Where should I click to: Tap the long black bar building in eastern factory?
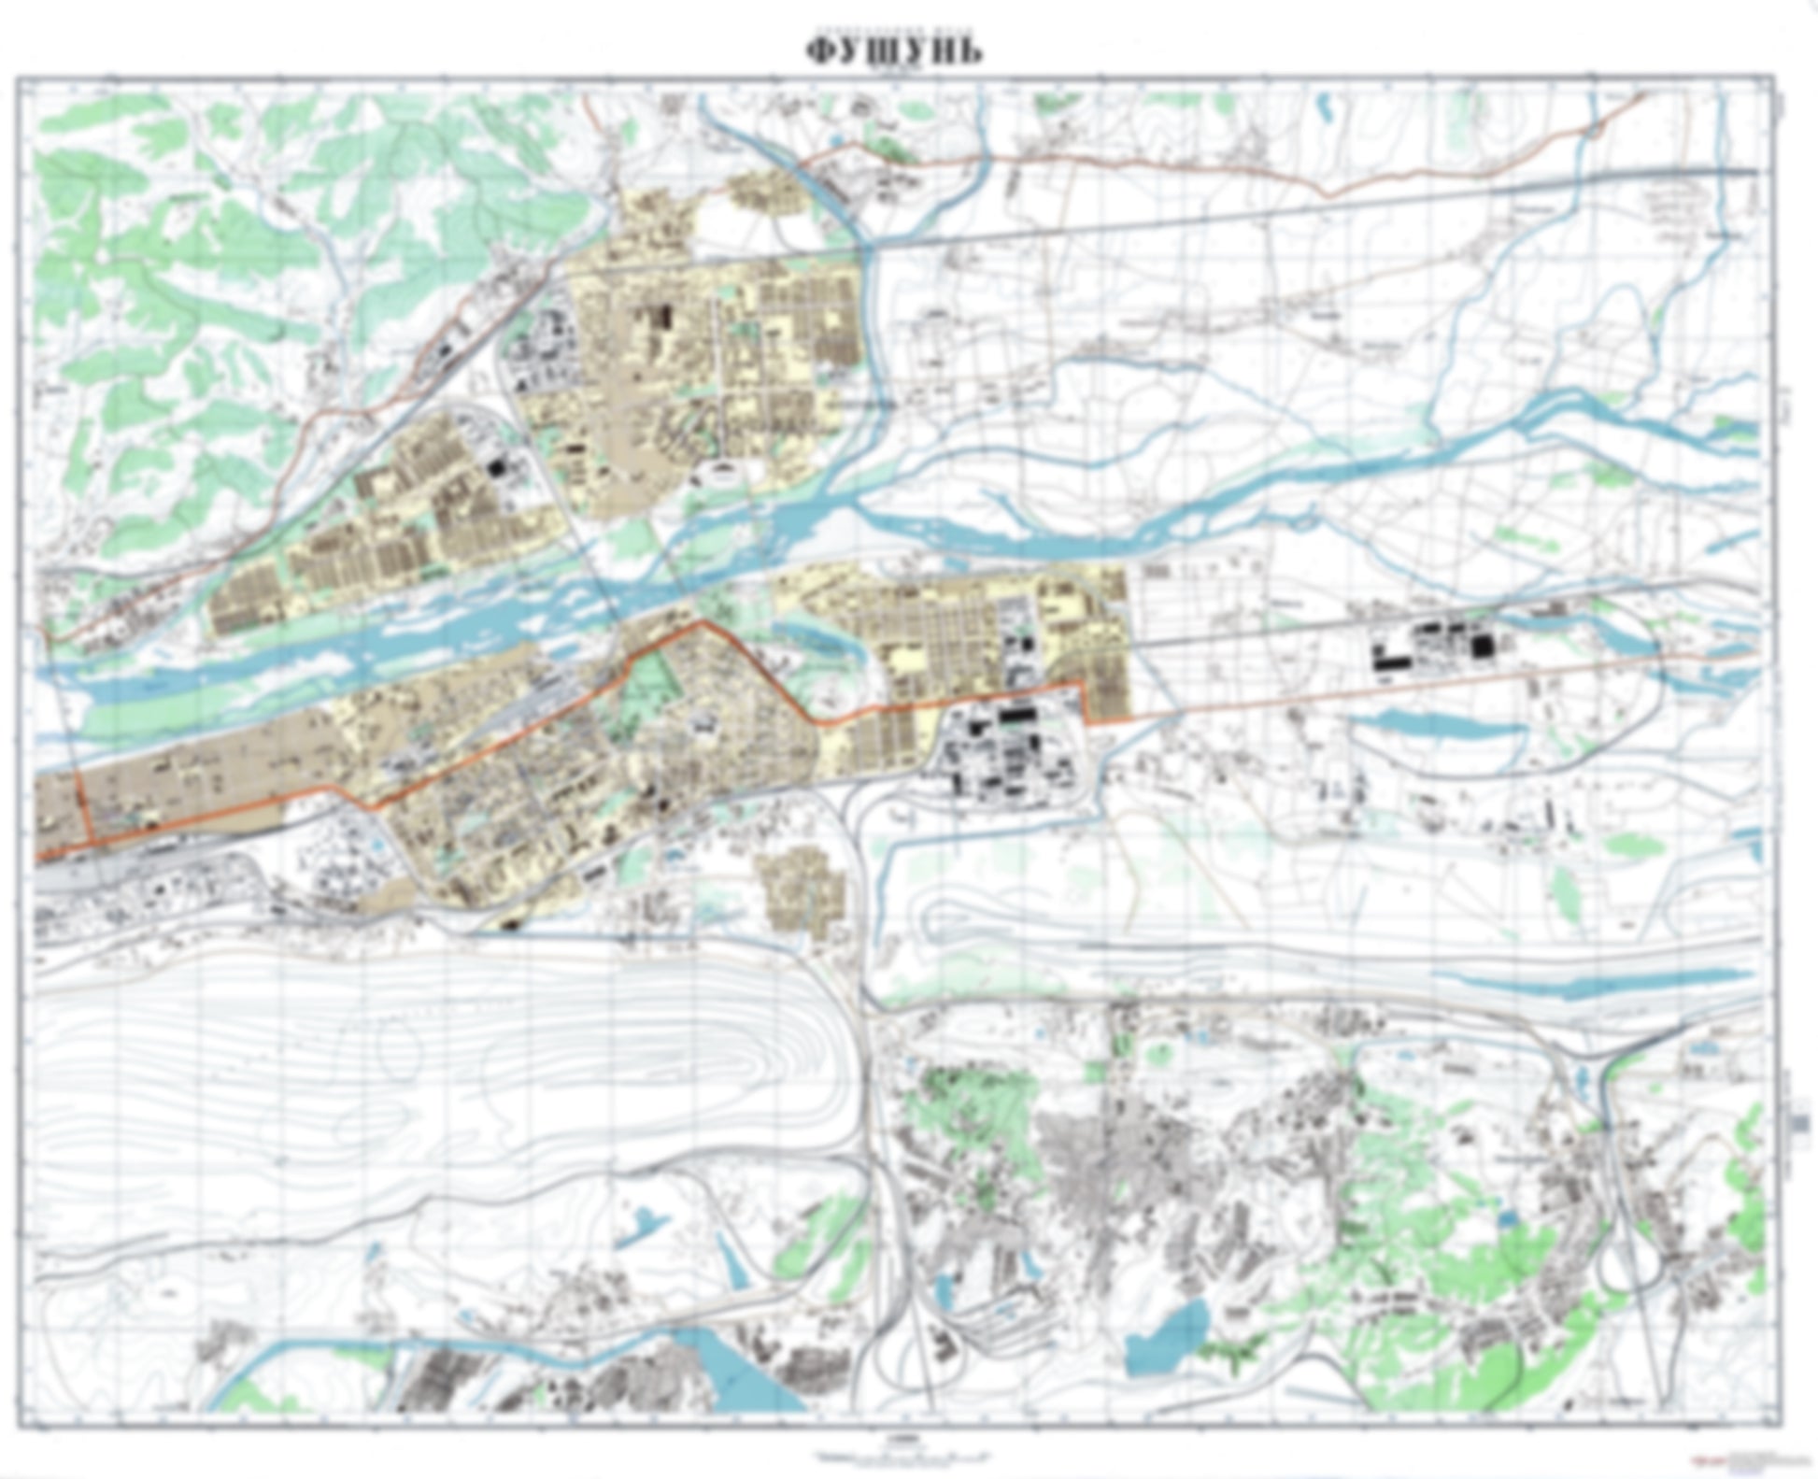[x=1393, y=661]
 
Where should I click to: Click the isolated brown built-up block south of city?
[x=803, y=888]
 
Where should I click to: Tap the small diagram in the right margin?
[x=1798, y=1122]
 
